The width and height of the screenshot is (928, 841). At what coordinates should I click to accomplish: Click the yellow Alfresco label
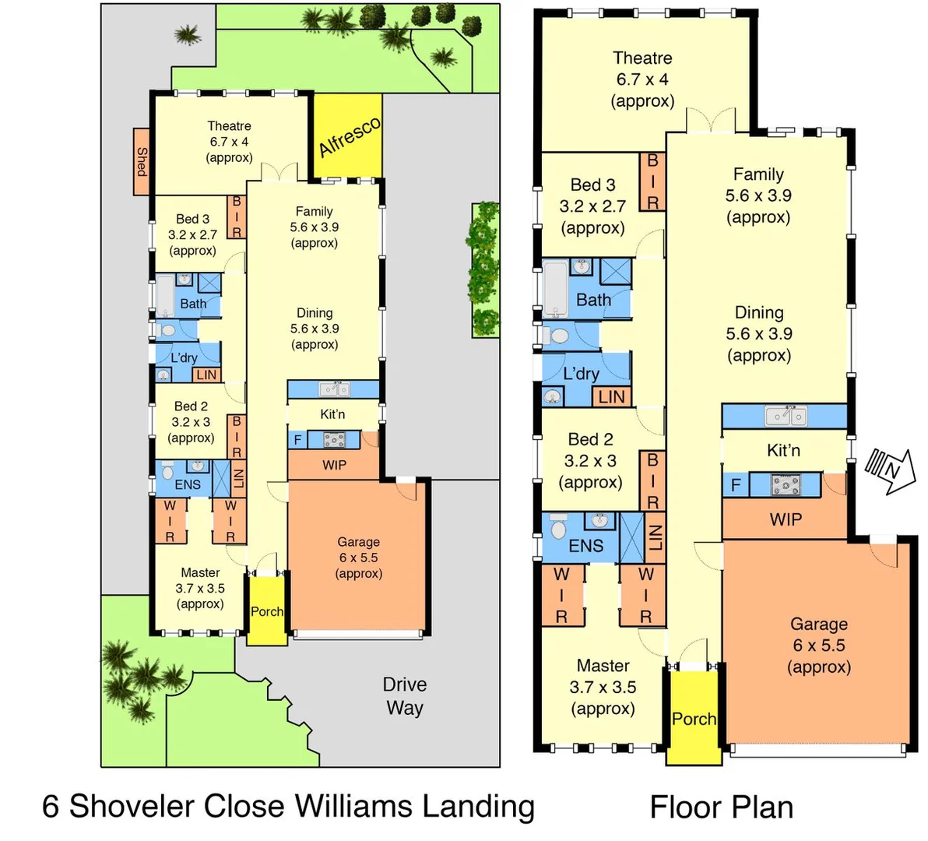click(x=350, y=137)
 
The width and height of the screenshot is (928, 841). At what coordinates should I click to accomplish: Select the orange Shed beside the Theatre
click(x=141, y=162)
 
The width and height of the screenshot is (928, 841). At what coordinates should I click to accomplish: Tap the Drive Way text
click(x=405, y=696)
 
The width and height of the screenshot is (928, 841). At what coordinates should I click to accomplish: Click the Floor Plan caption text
click(x=722, y=808)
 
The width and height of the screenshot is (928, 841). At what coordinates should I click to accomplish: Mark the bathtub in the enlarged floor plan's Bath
click(x=556, y=289)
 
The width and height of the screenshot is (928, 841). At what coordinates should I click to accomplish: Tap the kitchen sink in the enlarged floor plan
click(x=785, y=416)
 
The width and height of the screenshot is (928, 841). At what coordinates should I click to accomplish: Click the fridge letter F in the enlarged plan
click(x=735, y=486)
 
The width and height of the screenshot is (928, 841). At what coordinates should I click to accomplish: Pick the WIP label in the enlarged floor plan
click(x=785, y=519)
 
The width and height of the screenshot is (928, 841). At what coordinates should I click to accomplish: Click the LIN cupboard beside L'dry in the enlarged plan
click(x=611, y=396)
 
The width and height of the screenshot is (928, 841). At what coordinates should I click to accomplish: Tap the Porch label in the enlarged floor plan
click(x=694, y=719)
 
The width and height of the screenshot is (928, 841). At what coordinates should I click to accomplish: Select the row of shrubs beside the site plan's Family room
click(x=486, y=269)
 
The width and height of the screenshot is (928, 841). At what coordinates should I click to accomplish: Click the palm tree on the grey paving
click(x=186, y=34)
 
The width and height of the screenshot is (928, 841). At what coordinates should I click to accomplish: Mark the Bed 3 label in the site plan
click(x=192, y=220)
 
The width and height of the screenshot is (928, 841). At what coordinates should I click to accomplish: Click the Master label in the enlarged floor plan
click(x=603, y=666)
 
